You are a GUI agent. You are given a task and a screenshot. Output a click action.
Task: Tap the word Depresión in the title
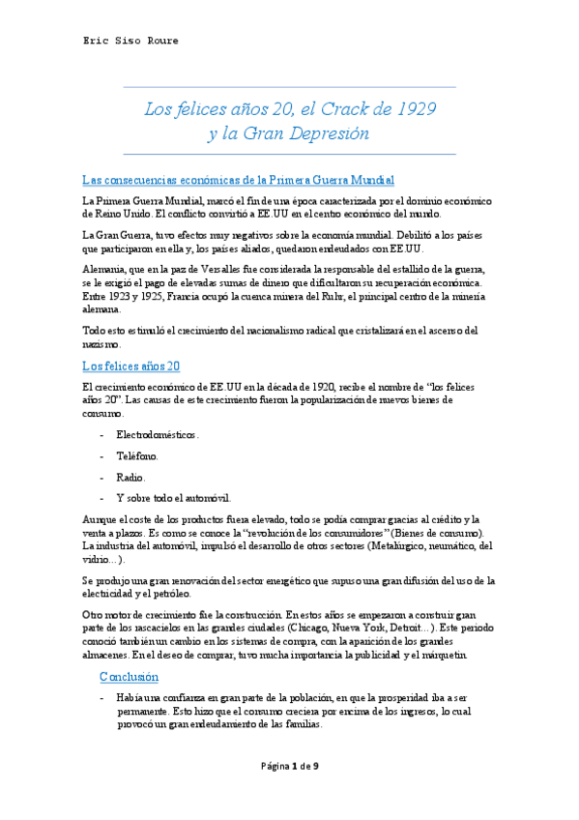click(332, 133)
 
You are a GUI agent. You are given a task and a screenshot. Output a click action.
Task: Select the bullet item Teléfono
click(138, 455)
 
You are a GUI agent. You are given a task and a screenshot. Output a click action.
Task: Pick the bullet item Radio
click(131, 477)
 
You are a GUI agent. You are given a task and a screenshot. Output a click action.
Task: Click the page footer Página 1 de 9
click(289, 766)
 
